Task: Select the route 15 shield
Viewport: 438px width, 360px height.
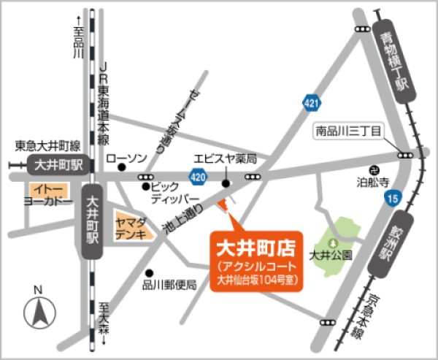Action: [x=393, y=197]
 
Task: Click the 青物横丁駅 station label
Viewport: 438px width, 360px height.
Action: [x=391, y=65]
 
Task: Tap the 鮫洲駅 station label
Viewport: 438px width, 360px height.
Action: [x=383, y=245]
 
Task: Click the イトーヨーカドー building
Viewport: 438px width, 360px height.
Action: [x=47, y=194]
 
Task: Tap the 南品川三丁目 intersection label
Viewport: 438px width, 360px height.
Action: [x=348, y=131]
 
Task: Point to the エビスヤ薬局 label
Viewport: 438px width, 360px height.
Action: [x=226, y=158]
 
